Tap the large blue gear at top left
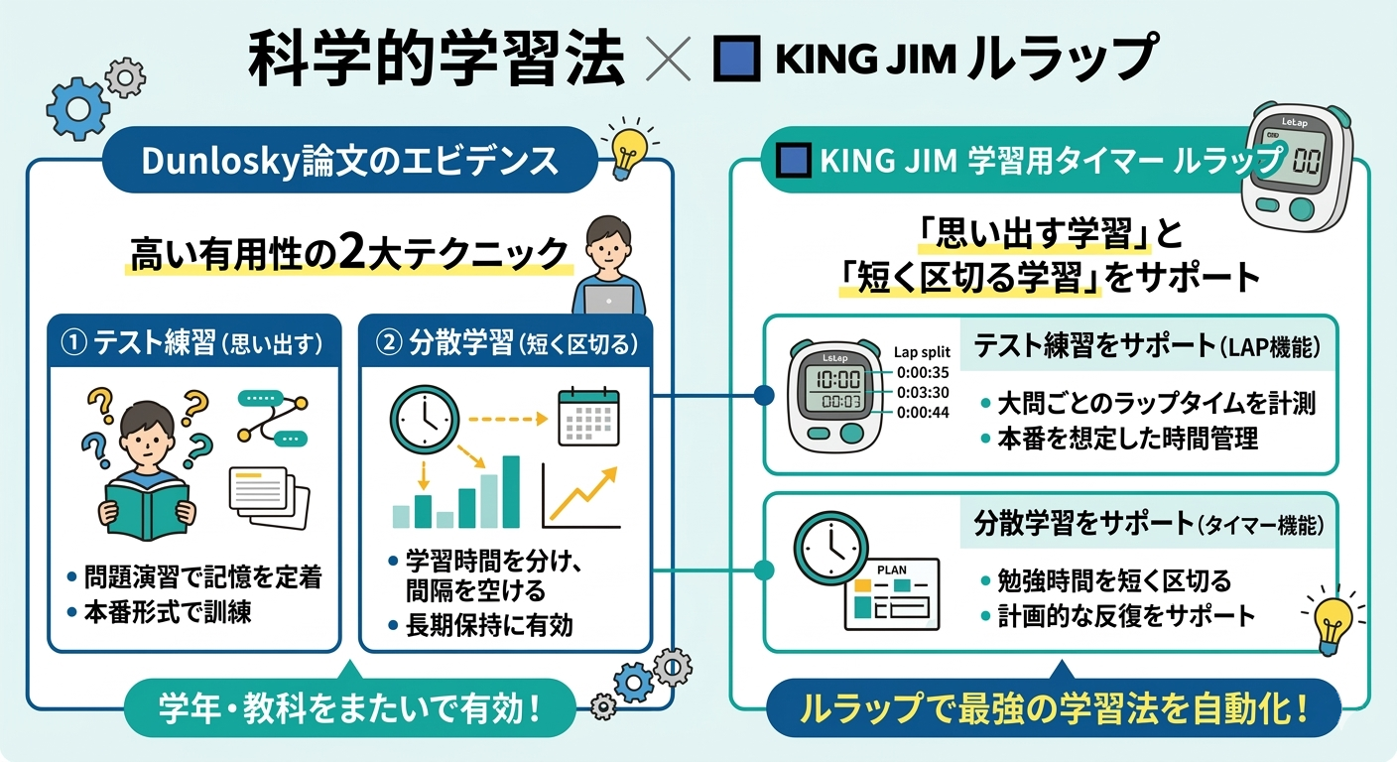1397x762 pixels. pyautogui.click(x=78, y=108)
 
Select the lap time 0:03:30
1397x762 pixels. pyautogui.click(x=923, y=393)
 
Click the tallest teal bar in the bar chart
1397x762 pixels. pyautogui.click(x=511, y=491)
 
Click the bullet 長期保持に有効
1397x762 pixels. pyautogui.click(x=490, y=625)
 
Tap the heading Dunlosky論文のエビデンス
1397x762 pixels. pyautogui.click(x=350, y=161)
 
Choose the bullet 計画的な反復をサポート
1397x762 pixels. pyautogui.click(x=1125, y=615)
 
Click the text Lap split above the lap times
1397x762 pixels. pyautogui.click(x=922, y=352)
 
